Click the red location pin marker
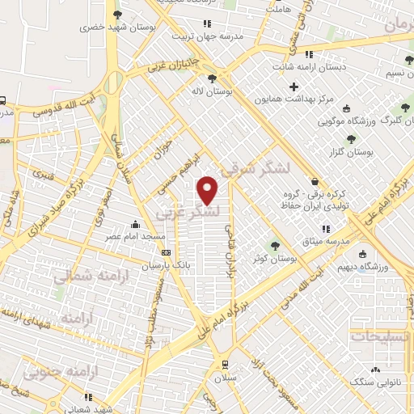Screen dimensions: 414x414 click(209, 190)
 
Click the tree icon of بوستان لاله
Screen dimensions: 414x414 click(212, 78)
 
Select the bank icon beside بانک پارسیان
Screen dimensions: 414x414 click(166, 252)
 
